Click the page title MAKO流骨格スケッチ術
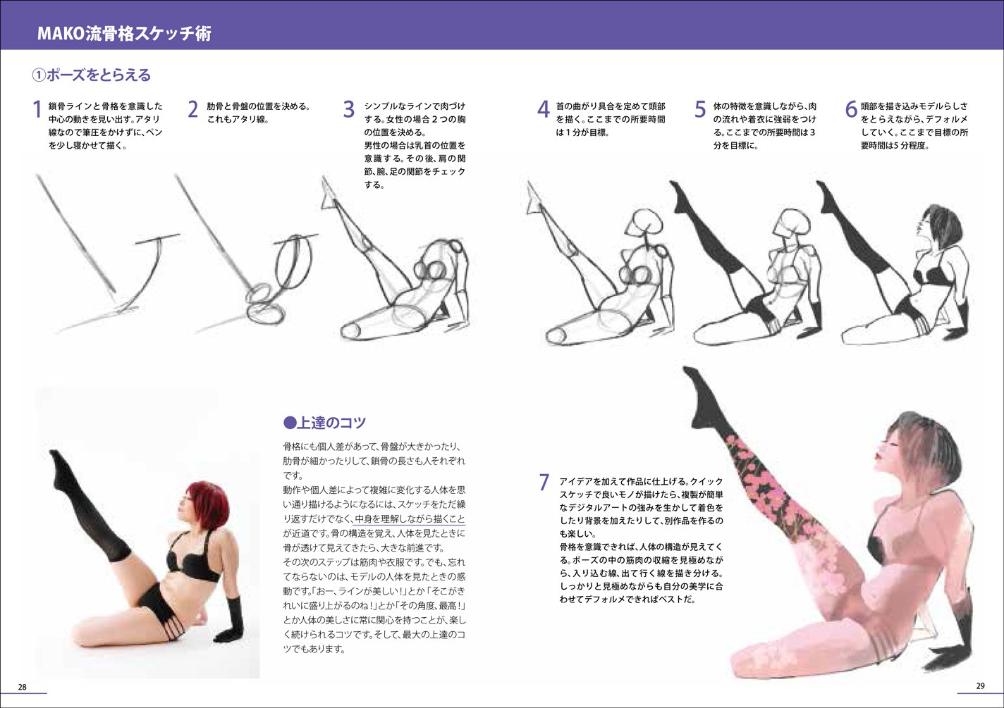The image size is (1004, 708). coord(124,34)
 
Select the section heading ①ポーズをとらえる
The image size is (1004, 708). coord(92,75)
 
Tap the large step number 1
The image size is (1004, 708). coord(37,110)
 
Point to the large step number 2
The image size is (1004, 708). coord(192,110)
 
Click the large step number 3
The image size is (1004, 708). coord(349,110)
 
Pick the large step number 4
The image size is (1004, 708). coord(543,110)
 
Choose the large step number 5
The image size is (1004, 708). coord(700,110)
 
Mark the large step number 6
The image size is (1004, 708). coord(851,110)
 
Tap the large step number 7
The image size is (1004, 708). coord(544,483)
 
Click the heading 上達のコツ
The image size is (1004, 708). coord(325,422)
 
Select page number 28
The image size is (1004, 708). coord(23,687)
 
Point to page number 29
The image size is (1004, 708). coord(981,685)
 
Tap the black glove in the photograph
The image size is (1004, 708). coord(230,620)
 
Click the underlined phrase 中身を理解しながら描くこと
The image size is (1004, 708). coord(409,519)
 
